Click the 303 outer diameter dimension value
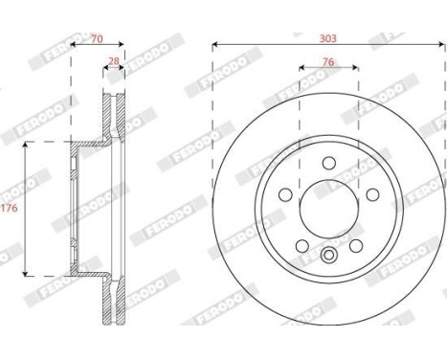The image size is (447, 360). click(x=327, y=37)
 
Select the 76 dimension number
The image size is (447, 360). click(x=327, y=62)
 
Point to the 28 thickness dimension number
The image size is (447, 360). click(x=114, y=62)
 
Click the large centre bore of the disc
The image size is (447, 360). click(x=328, y=205)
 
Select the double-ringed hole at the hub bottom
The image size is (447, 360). click(x=328, y=254)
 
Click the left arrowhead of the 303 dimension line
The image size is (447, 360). click(x=214, y=45)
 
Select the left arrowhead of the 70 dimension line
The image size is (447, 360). click(x=75, y=45)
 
